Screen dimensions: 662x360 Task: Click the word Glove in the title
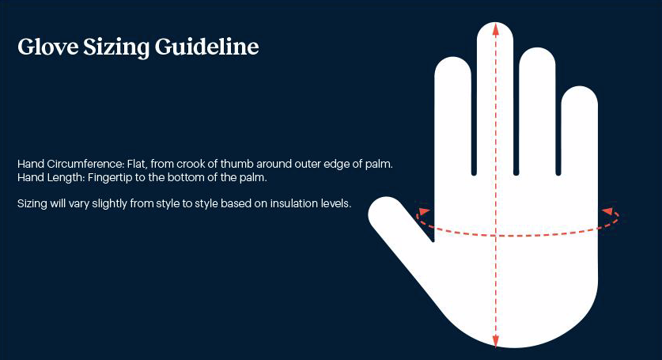[47, 47]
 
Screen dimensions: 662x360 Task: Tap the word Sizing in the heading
[116, 47]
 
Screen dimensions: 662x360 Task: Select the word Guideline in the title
[206, 47]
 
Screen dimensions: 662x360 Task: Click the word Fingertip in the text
[110, 177]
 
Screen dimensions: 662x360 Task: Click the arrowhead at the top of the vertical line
[496, 28]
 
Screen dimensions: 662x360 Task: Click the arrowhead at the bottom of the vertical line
[496, 342]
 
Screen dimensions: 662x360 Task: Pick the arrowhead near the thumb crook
[423, 211]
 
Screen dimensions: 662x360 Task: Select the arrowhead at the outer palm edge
[607, 210]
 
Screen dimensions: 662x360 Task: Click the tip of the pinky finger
[580, 87]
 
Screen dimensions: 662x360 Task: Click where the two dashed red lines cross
[496, 235]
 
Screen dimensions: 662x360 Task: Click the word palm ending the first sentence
[378, 165]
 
